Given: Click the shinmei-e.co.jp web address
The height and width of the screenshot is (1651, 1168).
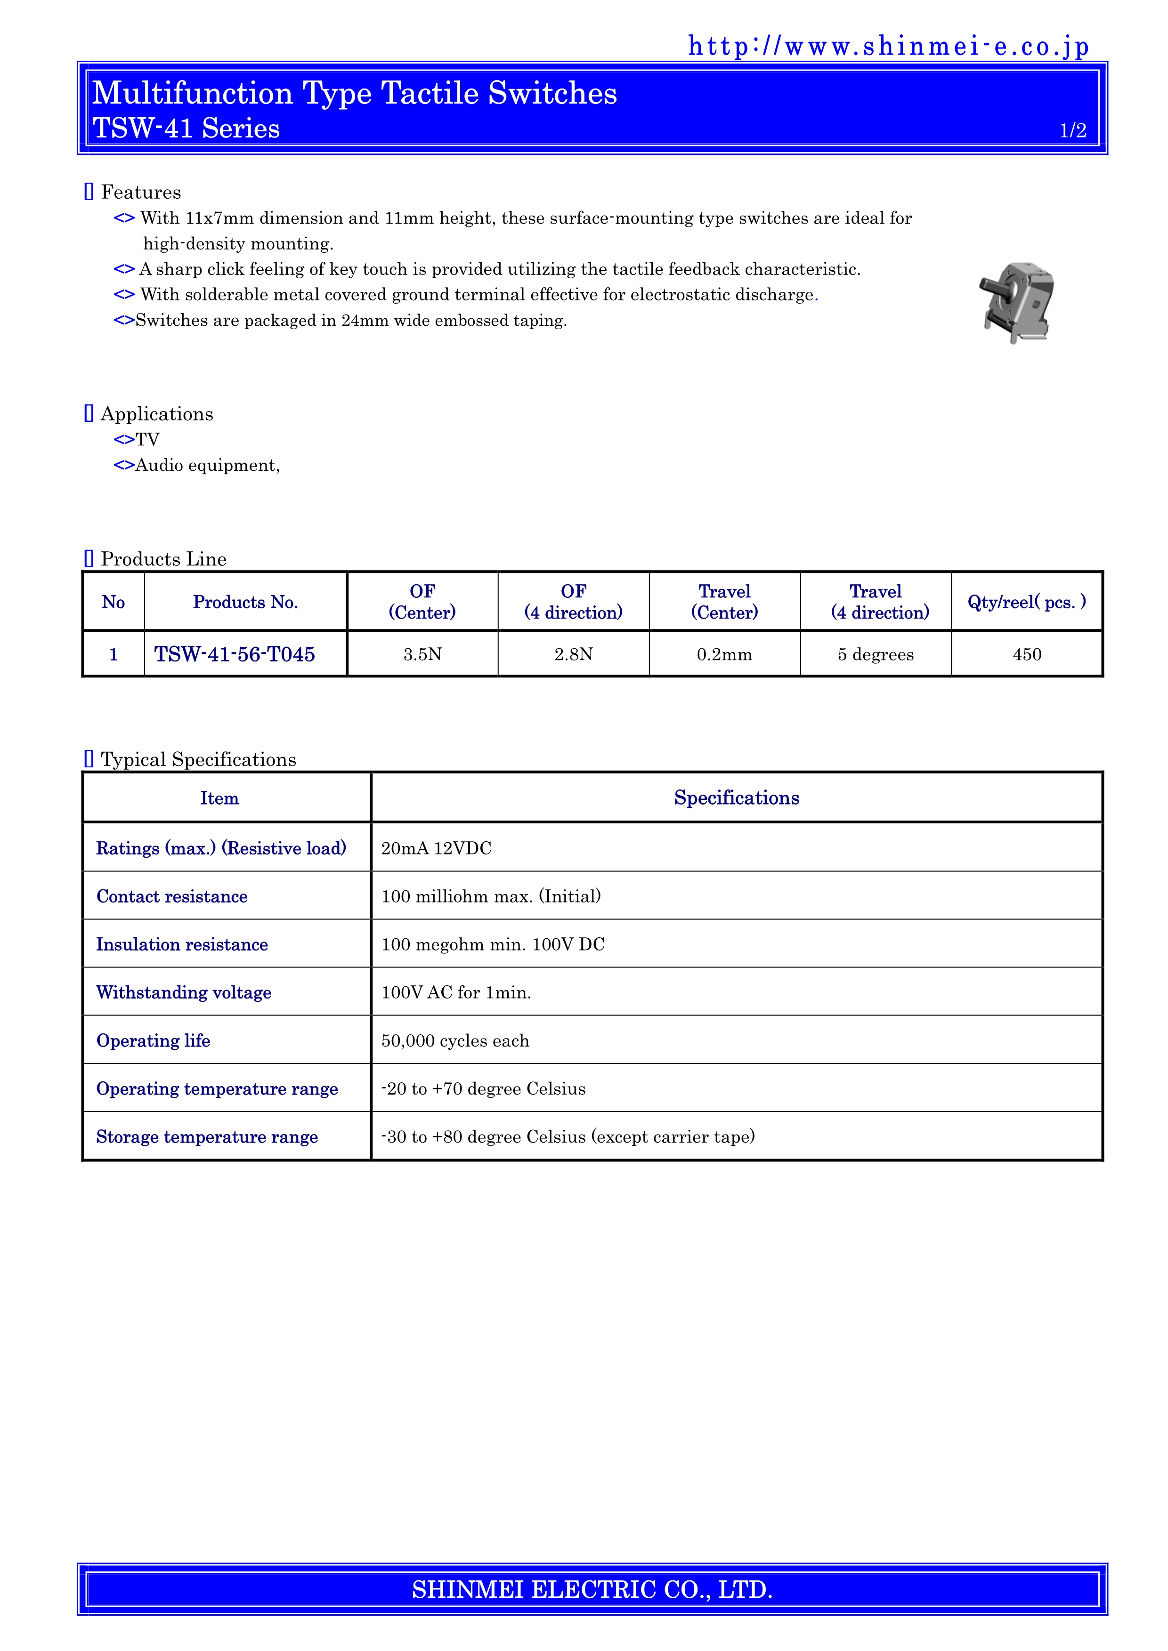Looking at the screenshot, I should pos(888,46).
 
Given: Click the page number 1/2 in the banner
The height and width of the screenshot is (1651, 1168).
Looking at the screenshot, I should pos(1072,130).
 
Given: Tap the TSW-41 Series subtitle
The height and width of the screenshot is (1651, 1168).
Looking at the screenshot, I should pos(187,129).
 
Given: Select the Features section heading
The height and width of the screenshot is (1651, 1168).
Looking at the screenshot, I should pos(140,192).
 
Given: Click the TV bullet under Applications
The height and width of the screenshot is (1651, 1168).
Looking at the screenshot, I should pos(147,439).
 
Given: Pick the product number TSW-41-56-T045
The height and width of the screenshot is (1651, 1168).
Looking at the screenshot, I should pos(235,654).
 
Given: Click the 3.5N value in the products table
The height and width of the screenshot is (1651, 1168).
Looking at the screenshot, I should pos(422,654).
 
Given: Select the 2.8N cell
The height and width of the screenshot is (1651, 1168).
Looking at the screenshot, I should pos(573,654).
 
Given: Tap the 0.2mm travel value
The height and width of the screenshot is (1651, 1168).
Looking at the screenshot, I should pos(724,654).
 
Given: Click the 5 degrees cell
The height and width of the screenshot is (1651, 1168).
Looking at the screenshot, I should pos(875,654).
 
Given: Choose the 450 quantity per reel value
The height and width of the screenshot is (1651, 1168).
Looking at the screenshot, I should pos(1026,654).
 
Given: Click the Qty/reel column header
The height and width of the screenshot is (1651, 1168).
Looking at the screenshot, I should pos(1026,602).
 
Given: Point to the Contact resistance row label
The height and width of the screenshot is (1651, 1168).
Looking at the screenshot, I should pos(172,896).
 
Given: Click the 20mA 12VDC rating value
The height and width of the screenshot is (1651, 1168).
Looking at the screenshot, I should pos(436,848).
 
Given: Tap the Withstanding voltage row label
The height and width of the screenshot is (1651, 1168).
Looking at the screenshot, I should pos(183,992).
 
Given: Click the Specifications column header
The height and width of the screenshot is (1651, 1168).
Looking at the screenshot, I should pos(737,797).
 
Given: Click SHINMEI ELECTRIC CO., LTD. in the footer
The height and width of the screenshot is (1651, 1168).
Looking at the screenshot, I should pos(592,1589).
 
